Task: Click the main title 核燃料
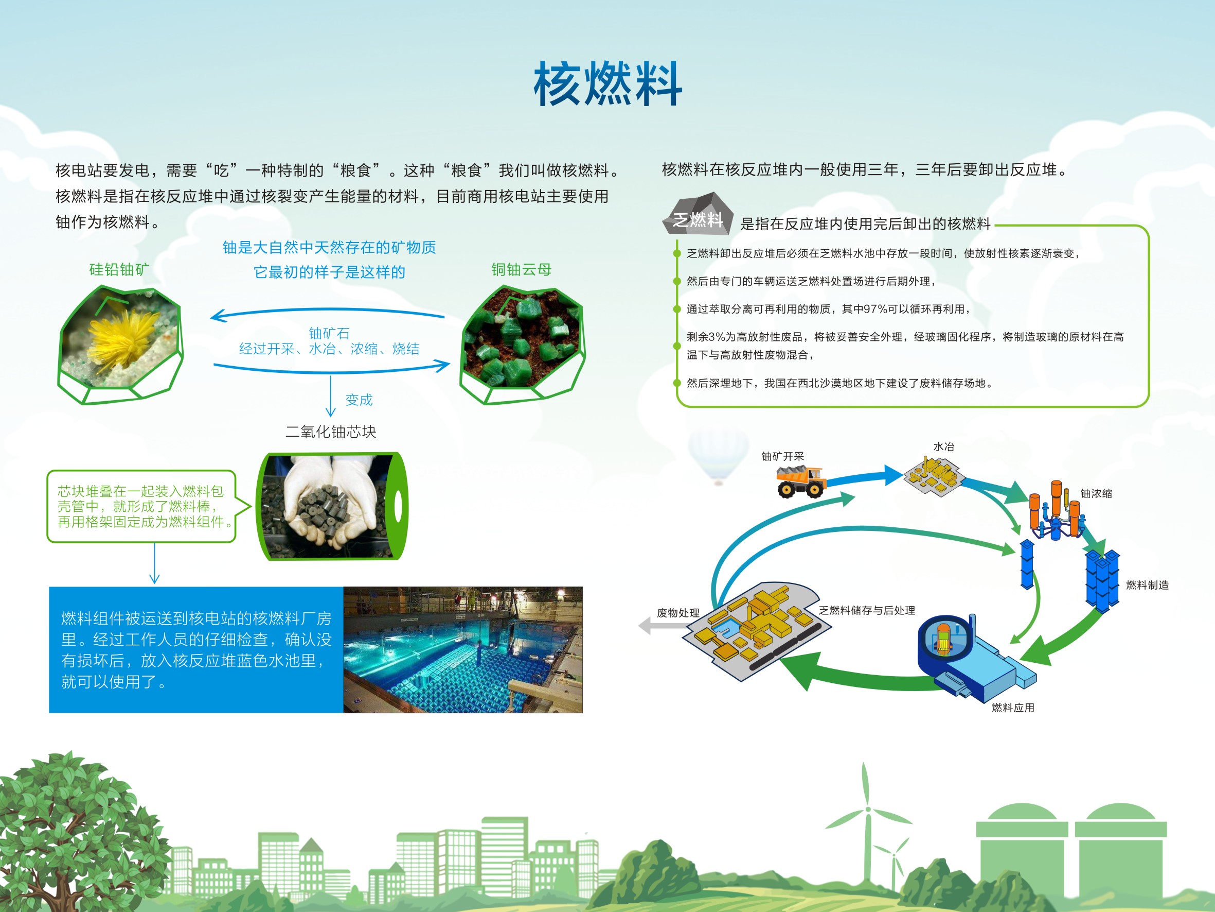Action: pyautogui.click(x=608, y=83)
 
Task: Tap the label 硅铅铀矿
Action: pyautogui.click(x=119, y=269)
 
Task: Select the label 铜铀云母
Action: pyautogui.click(x=521, y=269)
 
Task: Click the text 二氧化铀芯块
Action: pyautogui.click(x=331, y=432)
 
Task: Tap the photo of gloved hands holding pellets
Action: pyautogui.click(x=332, y=506)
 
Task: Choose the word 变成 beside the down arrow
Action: pyautogui.click(x=359, y=400)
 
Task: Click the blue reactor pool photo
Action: pyautogui.click(x=462, y=650)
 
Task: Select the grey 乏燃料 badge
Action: pyautogui.click(x=698, y=214)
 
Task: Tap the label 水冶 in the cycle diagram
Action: pyautogui.click(x=944, y=446)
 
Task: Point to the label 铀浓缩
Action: pyautogui.click(x=1096, y=493)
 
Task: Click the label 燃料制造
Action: pyautogui.click(x=1147, y=585)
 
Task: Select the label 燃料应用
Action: pyautogui.click(x=1013, y=708)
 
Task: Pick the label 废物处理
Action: pyautogui.click(x=678, y=612)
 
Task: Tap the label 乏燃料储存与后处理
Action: pyautogui.click(x=867, y=610)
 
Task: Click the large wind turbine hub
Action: pyautogui.click(x=868, y=808)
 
